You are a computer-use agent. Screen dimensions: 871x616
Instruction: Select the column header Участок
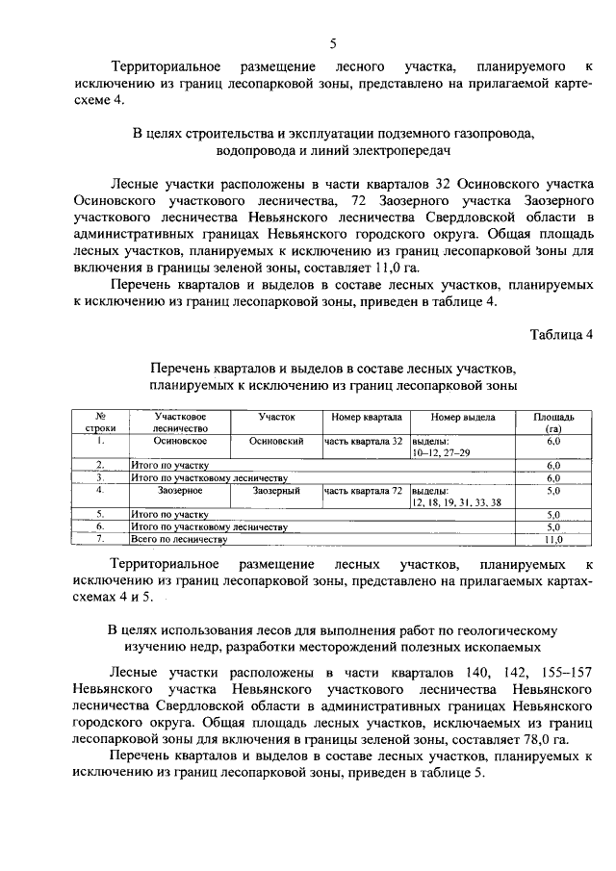[x=276, y=418]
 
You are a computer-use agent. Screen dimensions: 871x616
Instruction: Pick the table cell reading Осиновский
[x=276, y=441]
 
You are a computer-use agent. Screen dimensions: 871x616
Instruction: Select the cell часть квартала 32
[x=363, y=441]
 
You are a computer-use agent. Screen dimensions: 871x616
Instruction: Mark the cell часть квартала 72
[x=363, y=491]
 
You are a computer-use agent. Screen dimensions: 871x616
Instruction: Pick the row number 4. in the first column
[x=99, y=491]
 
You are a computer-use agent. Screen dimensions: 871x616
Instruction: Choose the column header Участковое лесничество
[x=181, y=423]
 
